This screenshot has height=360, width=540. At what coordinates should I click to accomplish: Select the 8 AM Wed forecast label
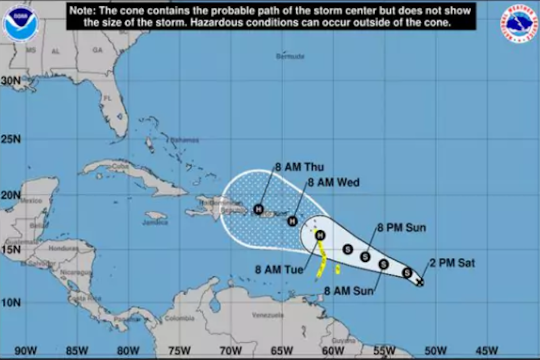tap(333, 183)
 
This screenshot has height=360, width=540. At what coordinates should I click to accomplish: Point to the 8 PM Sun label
tap(401, 228)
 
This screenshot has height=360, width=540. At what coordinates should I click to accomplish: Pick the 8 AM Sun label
tap(349, 291)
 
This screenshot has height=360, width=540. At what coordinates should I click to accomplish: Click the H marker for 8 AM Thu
tap(259, 209)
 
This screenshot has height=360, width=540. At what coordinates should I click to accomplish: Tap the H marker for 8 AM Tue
tap(320, 234)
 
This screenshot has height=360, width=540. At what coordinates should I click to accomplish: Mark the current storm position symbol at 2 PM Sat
tap(420, 282)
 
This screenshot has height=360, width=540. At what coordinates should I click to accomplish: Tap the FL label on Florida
tap(107, 98)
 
